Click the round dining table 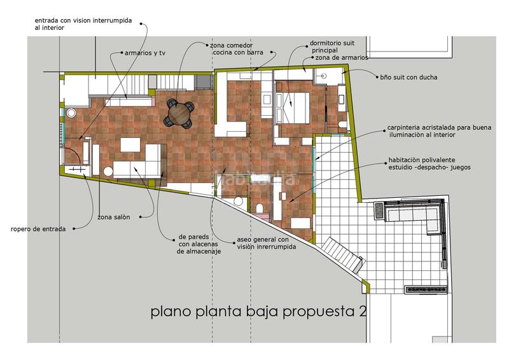[179, 113]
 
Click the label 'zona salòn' [114, 217]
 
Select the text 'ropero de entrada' [38, 229]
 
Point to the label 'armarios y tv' [145, 53]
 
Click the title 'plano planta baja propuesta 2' [259, 312]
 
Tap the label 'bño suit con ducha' [408, 77]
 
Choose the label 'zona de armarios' [342, 57]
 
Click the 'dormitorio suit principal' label [331, 46]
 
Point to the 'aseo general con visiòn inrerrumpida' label [266, 243]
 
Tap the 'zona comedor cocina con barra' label [237, 49]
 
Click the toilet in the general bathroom [260, 208]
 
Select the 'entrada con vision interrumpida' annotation [83, 24]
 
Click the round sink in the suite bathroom [323, 76]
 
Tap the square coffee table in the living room [130, 145]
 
